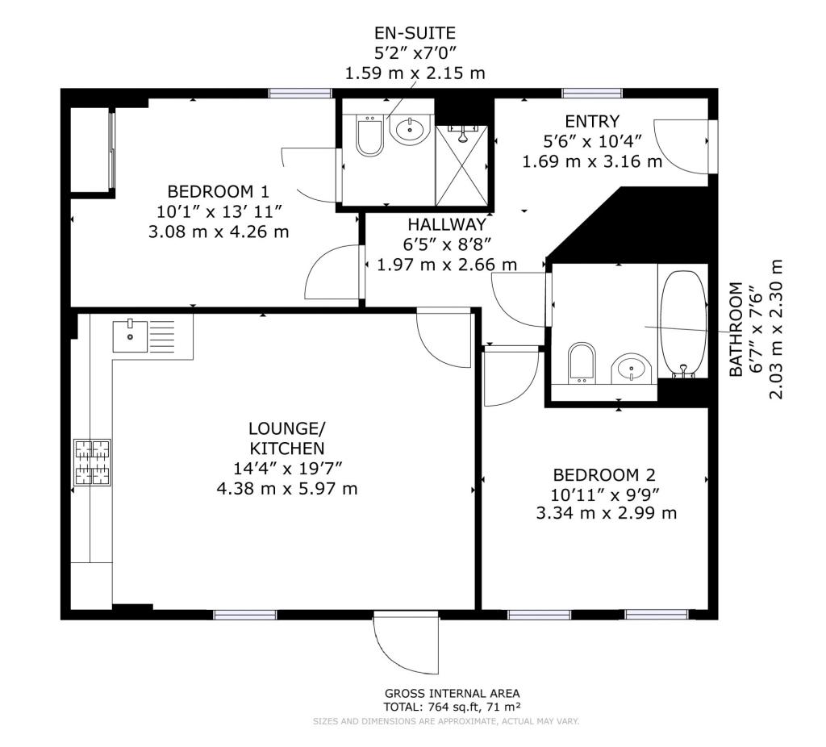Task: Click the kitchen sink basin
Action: pyautogui.click(x=130, y=336)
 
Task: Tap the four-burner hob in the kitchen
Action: pyautogui.click(x=92, y=462)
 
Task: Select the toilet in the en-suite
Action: pyautogui.click(x=369, y=136)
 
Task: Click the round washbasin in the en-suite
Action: pyautogui.click(x=411, y=128)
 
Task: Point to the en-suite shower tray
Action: pyautogui.click(x=462, y=165)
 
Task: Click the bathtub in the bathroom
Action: pyautogui.click(x=683, y=323)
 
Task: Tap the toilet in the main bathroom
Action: pyautogui.click(x=582, y=364)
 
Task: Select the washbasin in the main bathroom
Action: pyautogui.click(x=631, y=367)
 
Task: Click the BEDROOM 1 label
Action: pyautogui.click(x=219, y=190)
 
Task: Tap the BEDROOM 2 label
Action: pyautogui.click(x=604, y=475)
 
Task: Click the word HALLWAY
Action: pyautogui.click(x=447, y=224)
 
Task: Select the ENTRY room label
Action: pyautogui.click(x=592, y=122)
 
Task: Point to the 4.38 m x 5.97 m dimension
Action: pyautogui.click(x=287, y=489)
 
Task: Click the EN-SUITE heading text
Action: pyautogui.click(x=415, y=33)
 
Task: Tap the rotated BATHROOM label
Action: pyautogui.click(x=736, y=329)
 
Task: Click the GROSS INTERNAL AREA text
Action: pyautogui.click(x=452, y=693)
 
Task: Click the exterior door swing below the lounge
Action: pyautogui.click(x=405, y=644)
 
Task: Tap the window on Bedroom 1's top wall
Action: pyautogui.click(x=300, y=94)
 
